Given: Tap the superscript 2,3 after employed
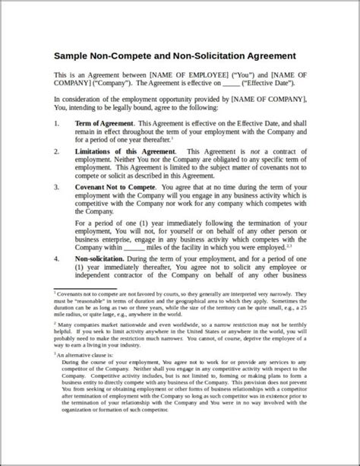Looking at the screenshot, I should click(x=289, y=245).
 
